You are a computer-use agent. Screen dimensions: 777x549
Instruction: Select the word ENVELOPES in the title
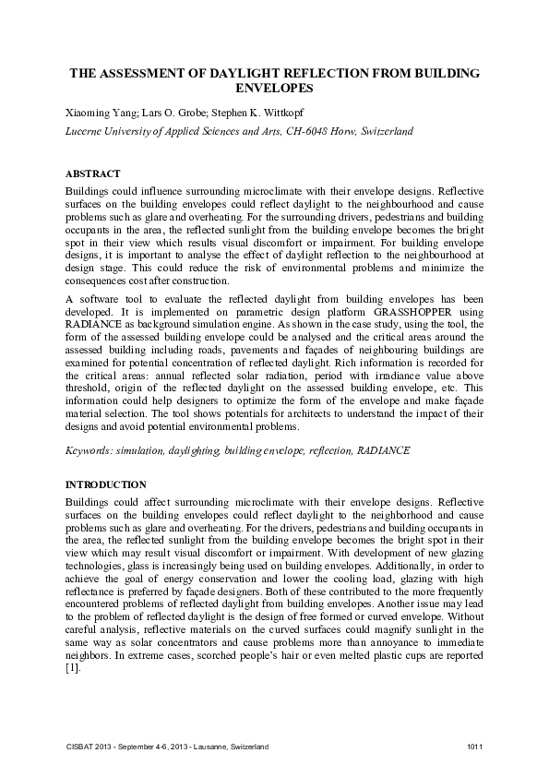274,89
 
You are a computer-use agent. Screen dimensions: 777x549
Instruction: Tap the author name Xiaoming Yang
96,113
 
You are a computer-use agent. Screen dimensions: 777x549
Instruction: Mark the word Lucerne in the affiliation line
84,131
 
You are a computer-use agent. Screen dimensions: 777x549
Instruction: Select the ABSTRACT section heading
93,173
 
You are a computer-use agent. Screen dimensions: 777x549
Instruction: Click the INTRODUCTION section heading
105,484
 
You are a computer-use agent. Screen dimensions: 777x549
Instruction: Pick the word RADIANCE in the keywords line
383,450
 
